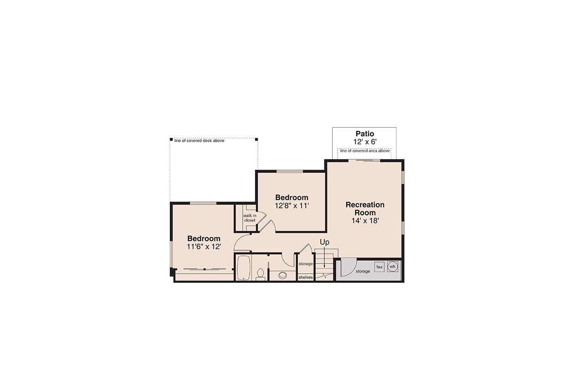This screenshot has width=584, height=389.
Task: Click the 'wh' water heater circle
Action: (x=392, y=266)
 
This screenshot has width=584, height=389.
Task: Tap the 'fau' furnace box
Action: (x=379, y=267)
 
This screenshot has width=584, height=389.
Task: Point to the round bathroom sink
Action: (x=283, y=275)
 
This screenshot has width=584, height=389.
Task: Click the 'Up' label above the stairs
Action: (x=324, y=242)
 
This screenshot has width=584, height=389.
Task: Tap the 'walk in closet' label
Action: (x=249, y=218)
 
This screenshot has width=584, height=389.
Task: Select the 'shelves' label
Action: (x=305, y=277)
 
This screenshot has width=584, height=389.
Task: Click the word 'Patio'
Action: (x=365, y=134)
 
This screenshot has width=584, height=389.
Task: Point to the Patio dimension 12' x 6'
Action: (x=365, y=142)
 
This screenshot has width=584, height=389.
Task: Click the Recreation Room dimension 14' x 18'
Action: (x=365, y=220)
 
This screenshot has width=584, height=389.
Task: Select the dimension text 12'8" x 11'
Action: (x=292, y=205)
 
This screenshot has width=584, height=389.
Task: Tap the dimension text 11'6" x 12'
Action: (x=204, y=246)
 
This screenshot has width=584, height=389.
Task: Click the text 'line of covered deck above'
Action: (x=199, y=140)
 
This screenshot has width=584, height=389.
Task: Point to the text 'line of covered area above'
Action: (x=365, y=150)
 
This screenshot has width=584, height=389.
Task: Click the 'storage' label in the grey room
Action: (x=363, y=271)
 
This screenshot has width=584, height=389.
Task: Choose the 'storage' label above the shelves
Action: (x=305, y=264)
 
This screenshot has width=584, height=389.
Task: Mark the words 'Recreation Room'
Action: (x=365, y=208)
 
